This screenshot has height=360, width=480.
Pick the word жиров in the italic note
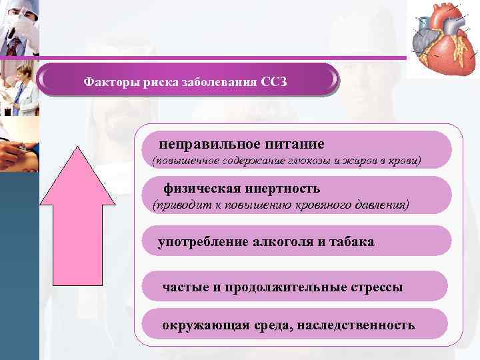349,161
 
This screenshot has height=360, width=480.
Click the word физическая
202,189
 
